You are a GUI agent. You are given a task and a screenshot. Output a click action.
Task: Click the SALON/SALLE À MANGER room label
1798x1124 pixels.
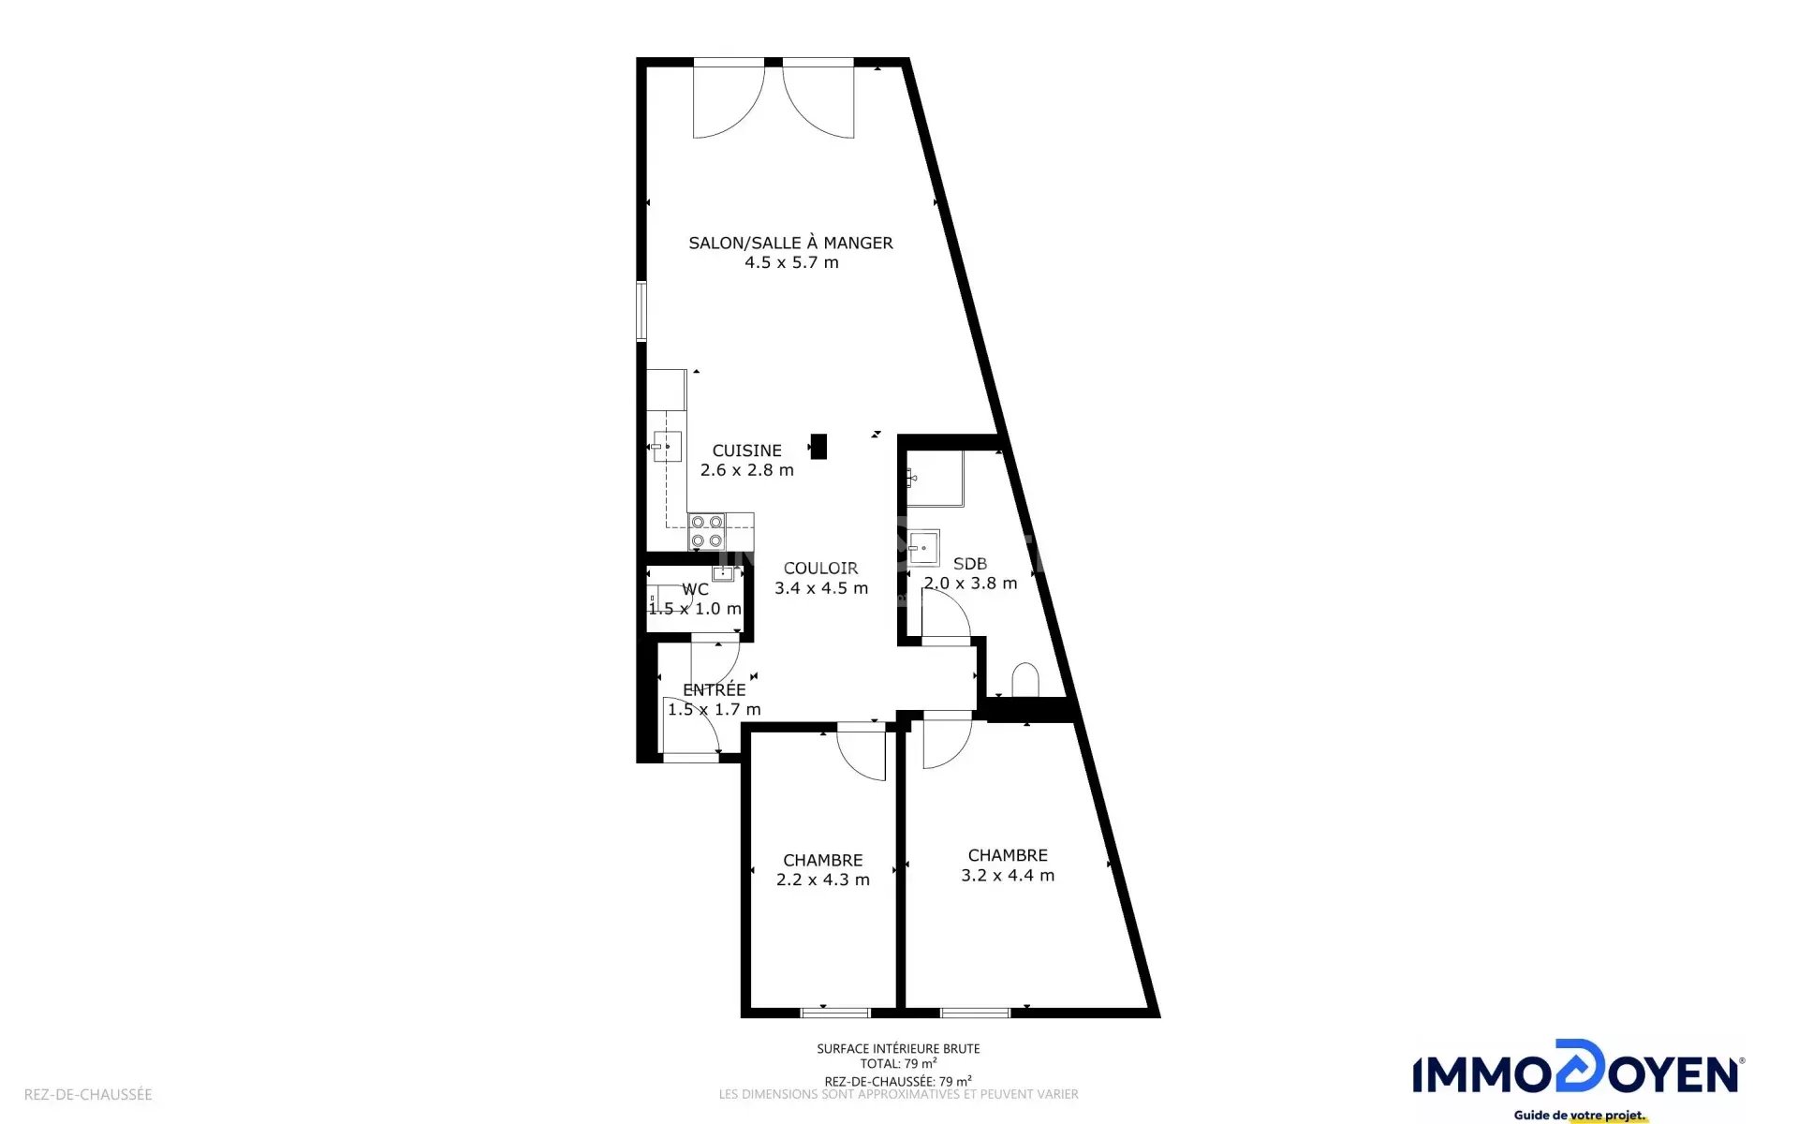click(x=790, y=243)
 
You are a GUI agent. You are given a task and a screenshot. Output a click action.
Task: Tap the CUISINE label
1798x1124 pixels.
click(x=746, y=451)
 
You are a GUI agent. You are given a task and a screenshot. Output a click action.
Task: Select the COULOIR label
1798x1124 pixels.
click(x=820, y=568)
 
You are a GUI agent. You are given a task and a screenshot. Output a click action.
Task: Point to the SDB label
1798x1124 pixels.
click(x=969, y=564)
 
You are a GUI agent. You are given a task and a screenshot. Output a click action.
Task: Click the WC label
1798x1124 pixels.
click(x=695, y=589)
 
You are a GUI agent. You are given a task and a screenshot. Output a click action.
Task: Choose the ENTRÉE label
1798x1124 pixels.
click(x=714, y=689)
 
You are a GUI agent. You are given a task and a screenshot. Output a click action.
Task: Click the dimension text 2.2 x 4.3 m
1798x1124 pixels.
click(x=823, y=880)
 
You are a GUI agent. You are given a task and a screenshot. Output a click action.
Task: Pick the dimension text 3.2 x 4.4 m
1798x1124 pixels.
click(x=1008, y=875)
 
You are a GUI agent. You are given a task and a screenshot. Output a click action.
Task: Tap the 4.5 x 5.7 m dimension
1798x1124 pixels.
click(x=791, y=262)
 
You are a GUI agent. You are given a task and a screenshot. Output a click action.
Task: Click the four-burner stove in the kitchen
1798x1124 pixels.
click(x=707, y=531)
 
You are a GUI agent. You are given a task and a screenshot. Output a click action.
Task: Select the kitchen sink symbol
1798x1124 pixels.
click(x=667, y=447)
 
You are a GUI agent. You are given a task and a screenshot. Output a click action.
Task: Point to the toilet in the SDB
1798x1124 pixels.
click(x=1025, y=680)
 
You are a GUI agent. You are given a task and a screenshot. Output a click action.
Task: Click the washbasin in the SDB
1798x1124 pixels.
click(x=924, y=548)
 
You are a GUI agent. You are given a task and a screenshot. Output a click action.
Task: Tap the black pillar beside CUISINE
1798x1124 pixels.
click(x=818, y=446)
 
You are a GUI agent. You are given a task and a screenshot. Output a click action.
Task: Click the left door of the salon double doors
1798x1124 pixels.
click(x=729, y=99)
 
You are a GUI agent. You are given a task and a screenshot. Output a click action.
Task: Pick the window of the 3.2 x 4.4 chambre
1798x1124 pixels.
click(x=975, y=1013)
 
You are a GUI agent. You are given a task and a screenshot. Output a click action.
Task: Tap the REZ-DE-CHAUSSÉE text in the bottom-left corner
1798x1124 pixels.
click(x=88, y=1094)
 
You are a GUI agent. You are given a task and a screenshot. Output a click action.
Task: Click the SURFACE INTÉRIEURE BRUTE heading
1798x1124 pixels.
click(x=898, y=1049)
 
